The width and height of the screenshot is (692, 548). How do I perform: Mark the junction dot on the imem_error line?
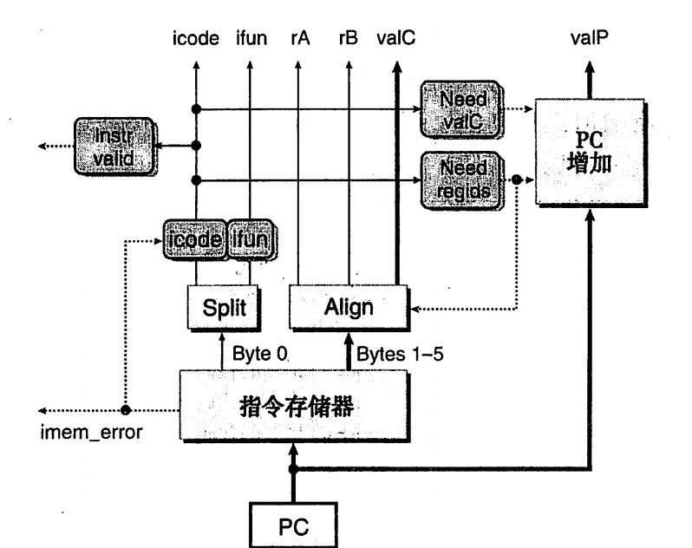pyautogui.click(x=126, y=410)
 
